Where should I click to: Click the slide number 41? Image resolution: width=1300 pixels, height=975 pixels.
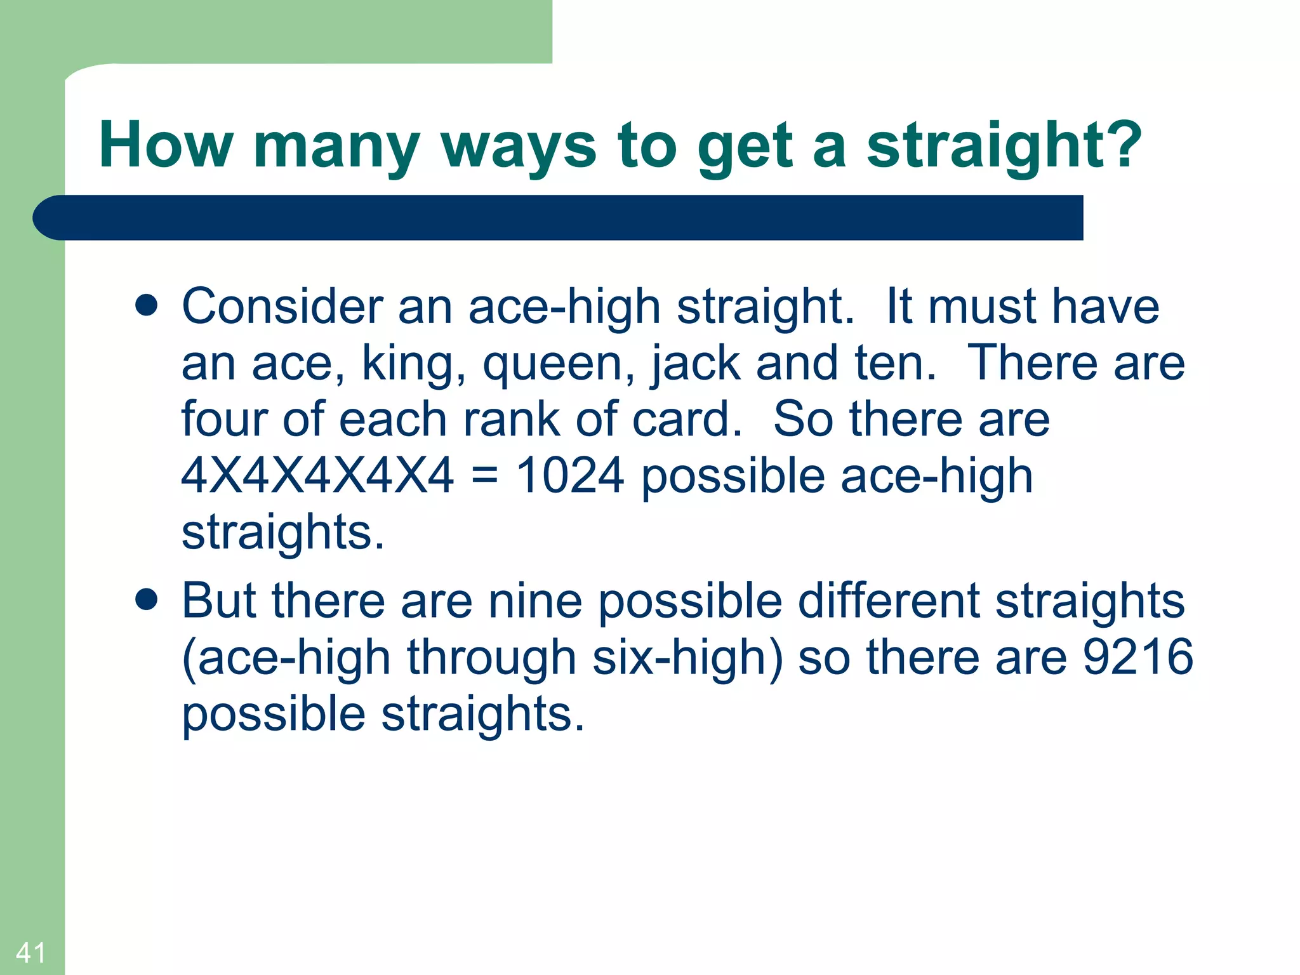(x=30, y=953)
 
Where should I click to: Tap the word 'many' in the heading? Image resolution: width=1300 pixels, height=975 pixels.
(x=336, y=147)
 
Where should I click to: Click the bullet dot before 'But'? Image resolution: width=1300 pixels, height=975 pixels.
(x=147, y=599)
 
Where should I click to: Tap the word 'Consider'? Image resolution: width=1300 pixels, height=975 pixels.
(x=282, y=307)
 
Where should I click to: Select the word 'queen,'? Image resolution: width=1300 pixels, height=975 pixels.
(x=559, y=365)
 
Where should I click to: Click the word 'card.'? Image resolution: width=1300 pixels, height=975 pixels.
(x=687, y=420)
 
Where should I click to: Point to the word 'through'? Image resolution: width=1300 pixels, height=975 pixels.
(x=491, y=658)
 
